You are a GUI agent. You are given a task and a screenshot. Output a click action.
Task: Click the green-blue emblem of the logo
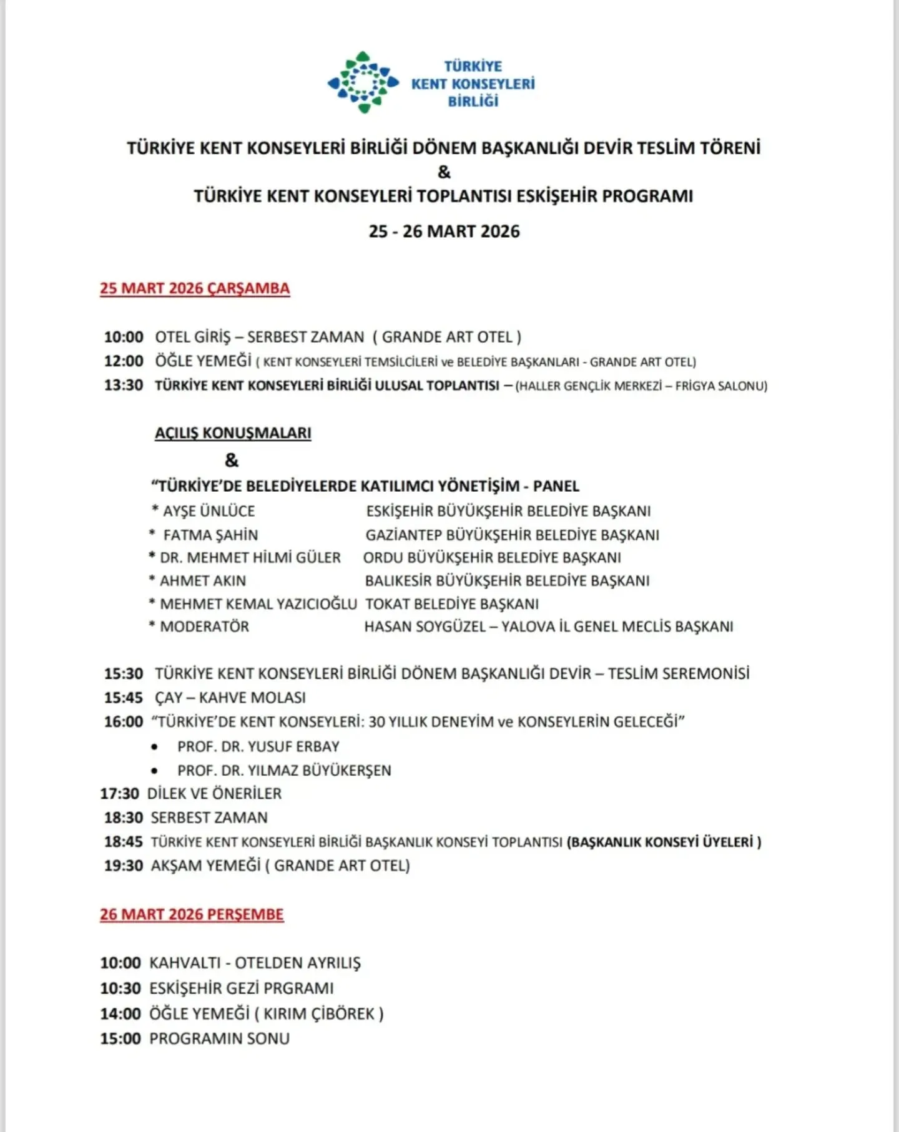tap(363, 82)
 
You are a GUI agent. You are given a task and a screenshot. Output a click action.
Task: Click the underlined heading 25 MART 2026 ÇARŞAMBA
tap(195, 288)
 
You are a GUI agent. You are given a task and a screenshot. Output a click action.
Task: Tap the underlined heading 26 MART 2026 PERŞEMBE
tap(192, 914)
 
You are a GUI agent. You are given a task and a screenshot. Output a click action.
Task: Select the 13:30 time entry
tap(124, 385)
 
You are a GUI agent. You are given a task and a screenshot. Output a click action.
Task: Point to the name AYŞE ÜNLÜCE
tap(209, 511)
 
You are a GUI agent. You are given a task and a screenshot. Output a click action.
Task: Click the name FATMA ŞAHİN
tap(210, 535)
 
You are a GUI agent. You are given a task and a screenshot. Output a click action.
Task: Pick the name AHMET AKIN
tap(203, 581)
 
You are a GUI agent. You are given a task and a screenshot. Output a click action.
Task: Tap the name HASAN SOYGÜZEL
tap(425, 627)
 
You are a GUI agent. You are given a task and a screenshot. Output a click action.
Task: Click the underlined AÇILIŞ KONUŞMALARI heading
tap(233, 433)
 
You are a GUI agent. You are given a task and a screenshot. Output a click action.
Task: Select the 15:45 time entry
tap(124, 698)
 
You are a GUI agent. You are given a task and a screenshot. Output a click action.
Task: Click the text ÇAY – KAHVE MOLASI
tap(230, 698)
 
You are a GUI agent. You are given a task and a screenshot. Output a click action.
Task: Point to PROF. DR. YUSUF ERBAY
tap(258, 746)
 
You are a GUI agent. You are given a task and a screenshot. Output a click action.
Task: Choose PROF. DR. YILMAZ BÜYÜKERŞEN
tap(284, 771)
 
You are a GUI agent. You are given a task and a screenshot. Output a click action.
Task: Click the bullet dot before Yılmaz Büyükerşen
tap(154, 771)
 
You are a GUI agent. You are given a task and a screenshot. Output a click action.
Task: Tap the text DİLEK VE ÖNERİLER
tap(214, 794)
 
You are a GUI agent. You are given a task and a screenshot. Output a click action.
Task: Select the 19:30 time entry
tap(124, 866)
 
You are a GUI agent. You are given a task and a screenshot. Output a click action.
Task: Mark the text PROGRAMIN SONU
tap(219, 1038)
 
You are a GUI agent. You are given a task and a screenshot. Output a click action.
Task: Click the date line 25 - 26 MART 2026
tap(444, 232)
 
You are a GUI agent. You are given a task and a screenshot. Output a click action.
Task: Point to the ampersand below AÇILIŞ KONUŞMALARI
tap(232, 461)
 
